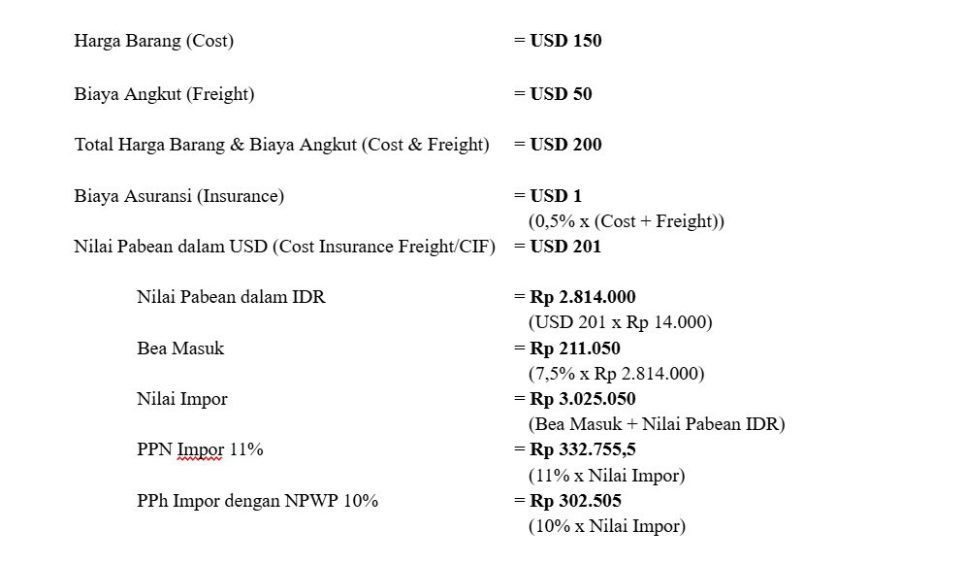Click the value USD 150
[x=565, y=41]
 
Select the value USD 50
[x=561, y=94]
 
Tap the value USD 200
[x=565, y=145]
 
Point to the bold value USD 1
[x=556, y=196]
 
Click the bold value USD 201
[x=565, y=247]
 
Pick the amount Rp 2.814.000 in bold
[x=582, y=297]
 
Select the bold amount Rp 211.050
[x=574, y=348]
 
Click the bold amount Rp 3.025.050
[x=582, y=399]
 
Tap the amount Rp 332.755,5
[x=582, y=450]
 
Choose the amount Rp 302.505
[x=574, y=501]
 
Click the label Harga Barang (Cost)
[x=153, y=41]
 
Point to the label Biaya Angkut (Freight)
[x=164, y=94]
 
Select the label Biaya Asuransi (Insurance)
[x=179, y=196]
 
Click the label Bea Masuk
[x=180, y=348]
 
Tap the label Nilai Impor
[x=182, y=399]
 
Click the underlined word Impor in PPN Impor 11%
[x=201, y=450]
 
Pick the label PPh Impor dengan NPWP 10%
[x=257, y=501]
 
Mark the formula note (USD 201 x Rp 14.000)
[x=620, y=322]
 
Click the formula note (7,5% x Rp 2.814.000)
[x=616, y=374]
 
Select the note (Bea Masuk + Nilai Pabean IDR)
[x=657, y=424]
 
